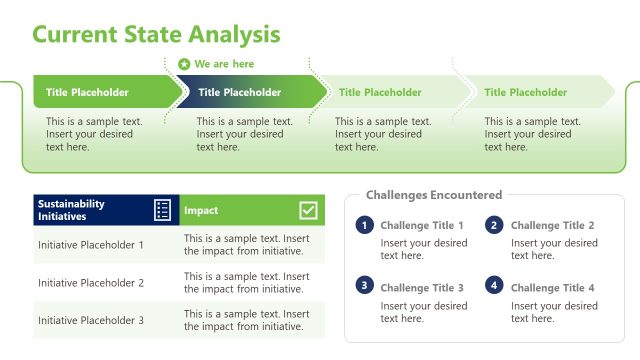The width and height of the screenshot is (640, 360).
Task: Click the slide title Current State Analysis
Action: (x=156, y=34)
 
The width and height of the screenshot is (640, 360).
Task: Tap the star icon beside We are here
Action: (x=184, y=64)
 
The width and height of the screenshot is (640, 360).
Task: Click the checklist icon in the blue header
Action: (x=163, y=210)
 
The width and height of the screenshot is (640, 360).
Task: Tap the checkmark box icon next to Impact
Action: (x=308, y=210)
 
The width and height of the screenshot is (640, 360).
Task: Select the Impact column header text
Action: (x=201, y=211)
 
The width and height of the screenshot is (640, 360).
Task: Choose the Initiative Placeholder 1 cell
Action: (x=91, y=245)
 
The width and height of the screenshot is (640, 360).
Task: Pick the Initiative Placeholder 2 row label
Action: (x=91, y=283)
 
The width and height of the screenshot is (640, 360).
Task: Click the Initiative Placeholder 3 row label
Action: (x=91, y=321)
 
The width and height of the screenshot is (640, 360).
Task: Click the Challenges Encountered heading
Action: (x=434, y=195)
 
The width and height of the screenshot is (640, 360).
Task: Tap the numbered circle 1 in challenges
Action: (x=365, y=225)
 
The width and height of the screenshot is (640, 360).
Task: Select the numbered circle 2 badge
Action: (x=494, y=225)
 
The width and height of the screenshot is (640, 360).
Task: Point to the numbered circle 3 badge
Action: (x=365, y=286)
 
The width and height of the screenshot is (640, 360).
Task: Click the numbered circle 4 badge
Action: (x=494, y=286)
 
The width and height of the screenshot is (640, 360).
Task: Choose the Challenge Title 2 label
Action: (x=553, y=226)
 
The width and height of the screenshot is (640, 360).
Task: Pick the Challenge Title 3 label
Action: (x=422, y=288)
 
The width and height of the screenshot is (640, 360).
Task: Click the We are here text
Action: (x=224, y=64)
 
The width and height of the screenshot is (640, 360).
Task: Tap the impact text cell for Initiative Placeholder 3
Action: (x=247, y=321)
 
